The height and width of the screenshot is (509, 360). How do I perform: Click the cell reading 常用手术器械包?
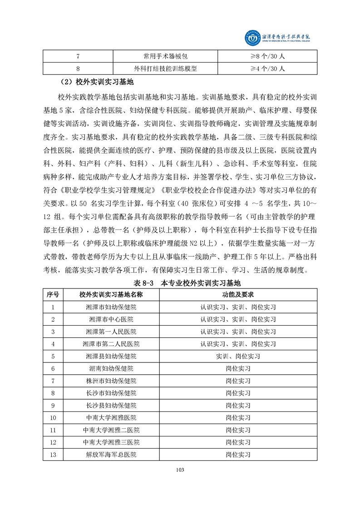165,56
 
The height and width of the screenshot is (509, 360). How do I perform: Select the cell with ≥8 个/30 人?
267,56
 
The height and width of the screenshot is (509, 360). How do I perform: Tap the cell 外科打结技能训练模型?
165,69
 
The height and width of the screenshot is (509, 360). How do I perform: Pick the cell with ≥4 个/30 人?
267,69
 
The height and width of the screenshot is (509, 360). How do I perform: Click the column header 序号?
53,295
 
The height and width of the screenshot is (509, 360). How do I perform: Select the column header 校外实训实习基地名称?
111,295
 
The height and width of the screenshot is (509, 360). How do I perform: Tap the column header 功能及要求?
238,295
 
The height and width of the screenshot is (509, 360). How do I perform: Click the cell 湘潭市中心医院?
111,319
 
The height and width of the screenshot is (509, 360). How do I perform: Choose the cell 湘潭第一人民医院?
111,332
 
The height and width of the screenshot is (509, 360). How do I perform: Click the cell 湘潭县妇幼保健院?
111,356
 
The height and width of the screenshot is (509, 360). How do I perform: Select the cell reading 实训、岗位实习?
238,356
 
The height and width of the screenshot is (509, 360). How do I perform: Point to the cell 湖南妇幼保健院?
111,368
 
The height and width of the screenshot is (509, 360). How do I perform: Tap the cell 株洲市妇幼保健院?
111,381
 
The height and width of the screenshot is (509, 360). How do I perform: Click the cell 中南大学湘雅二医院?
111,430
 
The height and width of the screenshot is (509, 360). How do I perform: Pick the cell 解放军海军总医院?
111,454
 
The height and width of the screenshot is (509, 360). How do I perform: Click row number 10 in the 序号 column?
53,417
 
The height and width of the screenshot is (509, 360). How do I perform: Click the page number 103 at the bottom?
180,470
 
